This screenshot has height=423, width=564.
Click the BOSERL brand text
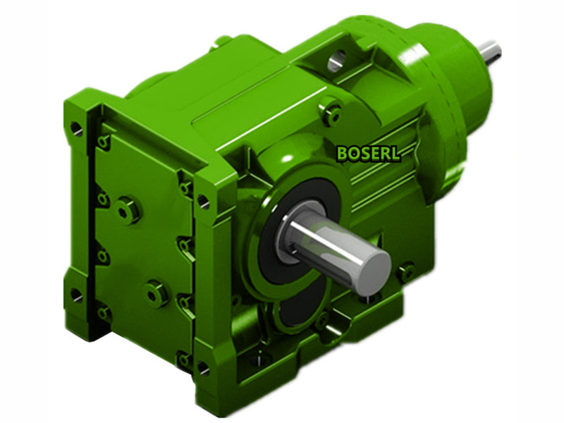[368, 153]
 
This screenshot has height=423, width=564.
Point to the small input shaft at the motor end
[491, 51]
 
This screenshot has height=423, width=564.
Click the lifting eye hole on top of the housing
[337, 61]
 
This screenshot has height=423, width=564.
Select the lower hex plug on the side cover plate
[157, 292]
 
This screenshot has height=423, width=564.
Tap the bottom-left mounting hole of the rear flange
[76, 295]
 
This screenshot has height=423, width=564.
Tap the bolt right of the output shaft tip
[405, 272]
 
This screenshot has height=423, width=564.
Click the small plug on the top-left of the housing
[223, 42]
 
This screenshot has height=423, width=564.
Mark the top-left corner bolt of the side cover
[104, 143]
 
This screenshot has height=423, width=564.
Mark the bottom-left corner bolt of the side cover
[104, 311]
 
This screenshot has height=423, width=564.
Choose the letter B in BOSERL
[342, 153]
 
